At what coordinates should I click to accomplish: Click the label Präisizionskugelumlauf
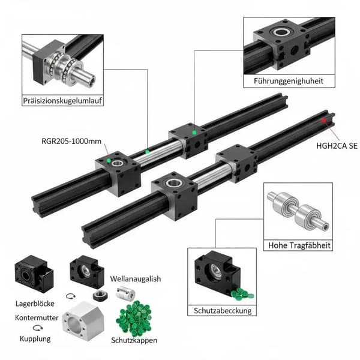tap(62, 101)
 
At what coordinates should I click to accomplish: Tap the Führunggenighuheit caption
tap(289, 81)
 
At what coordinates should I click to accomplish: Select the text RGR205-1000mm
tap(71, 141)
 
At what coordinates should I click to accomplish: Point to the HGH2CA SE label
tap(337, 146)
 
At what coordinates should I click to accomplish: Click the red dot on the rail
tap(324, 121)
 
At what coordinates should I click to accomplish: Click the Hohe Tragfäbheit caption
tap(299, 245)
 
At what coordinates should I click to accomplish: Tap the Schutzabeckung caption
tap(223, 311)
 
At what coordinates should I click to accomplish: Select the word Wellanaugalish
tap(136, 279)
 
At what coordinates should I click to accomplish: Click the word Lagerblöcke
tap(35, 304)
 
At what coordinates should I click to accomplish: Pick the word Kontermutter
tap(37, 318)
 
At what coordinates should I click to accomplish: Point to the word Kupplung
tap(35, 339)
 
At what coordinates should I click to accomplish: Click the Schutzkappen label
tap(134, 340)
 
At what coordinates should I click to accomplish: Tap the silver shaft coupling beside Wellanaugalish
tap(125, 293)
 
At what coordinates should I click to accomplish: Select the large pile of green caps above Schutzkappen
tap(134, 318)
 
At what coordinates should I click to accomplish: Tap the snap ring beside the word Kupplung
tap(38, 328)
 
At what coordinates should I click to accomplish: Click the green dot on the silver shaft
tap(148, 152)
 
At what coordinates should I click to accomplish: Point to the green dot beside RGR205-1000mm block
tap(109, 160)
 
